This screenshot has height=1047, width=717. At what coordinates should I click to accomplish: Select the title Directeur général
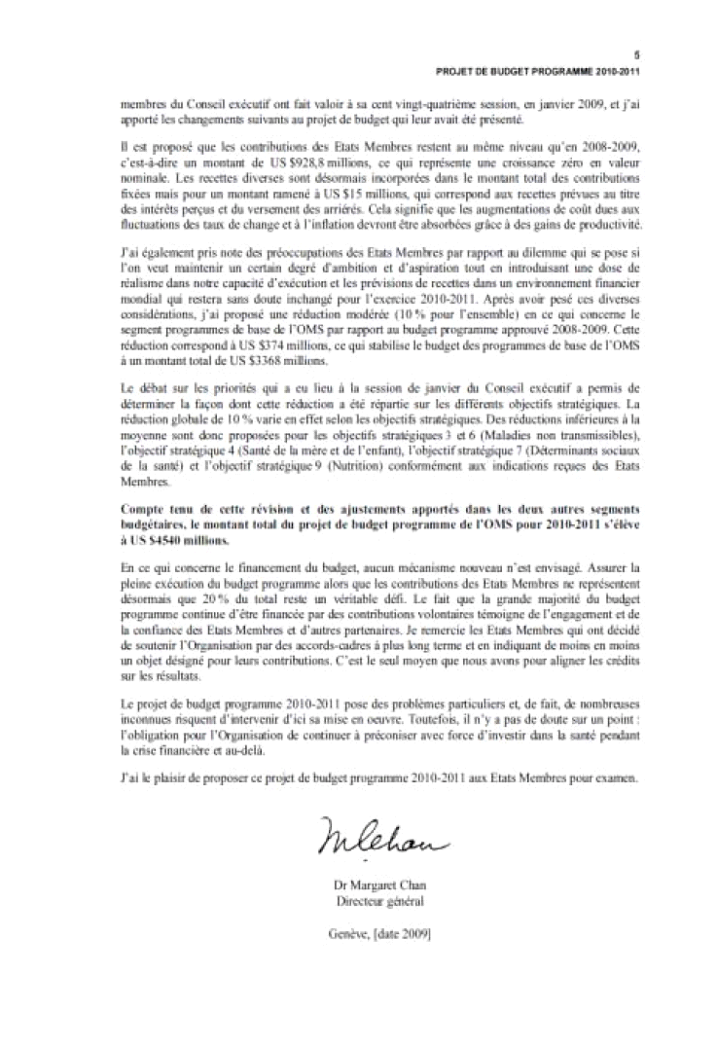(x=379, y=900)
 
